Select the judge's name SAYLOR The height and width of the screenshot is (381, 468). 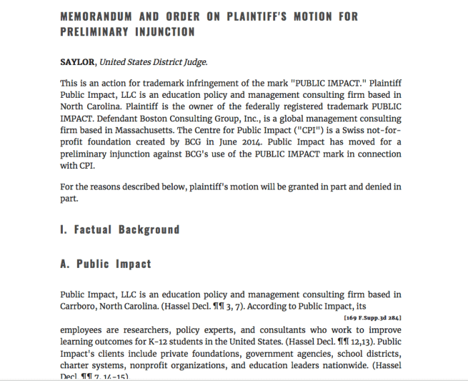tap(78, 62)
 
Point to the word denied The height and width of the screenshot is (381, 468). tap(370, 187)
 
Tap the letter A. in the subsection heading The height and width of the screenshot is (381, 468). tap(65, 264)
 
